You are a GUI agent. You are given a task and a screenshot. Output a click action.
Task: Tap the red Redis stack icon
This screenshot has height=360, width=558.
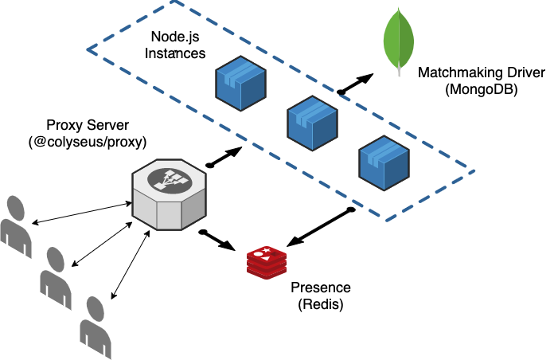(x=266, y=262)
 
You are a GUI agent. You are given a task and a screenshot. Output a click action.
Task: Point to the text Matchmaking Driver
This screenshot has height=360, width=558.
(x=482, y=73)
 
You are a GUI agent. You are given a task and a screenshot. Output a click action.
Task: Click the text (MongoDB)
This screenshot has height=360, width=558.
(x=482, y=90)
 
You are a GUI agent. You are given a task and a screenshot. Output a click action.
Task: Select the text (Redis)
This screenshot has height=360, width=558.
(x=320, y=304)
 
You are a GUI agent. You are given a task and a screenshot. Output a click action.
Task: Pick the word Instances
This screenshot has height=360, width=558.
(x=178, y=53)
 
